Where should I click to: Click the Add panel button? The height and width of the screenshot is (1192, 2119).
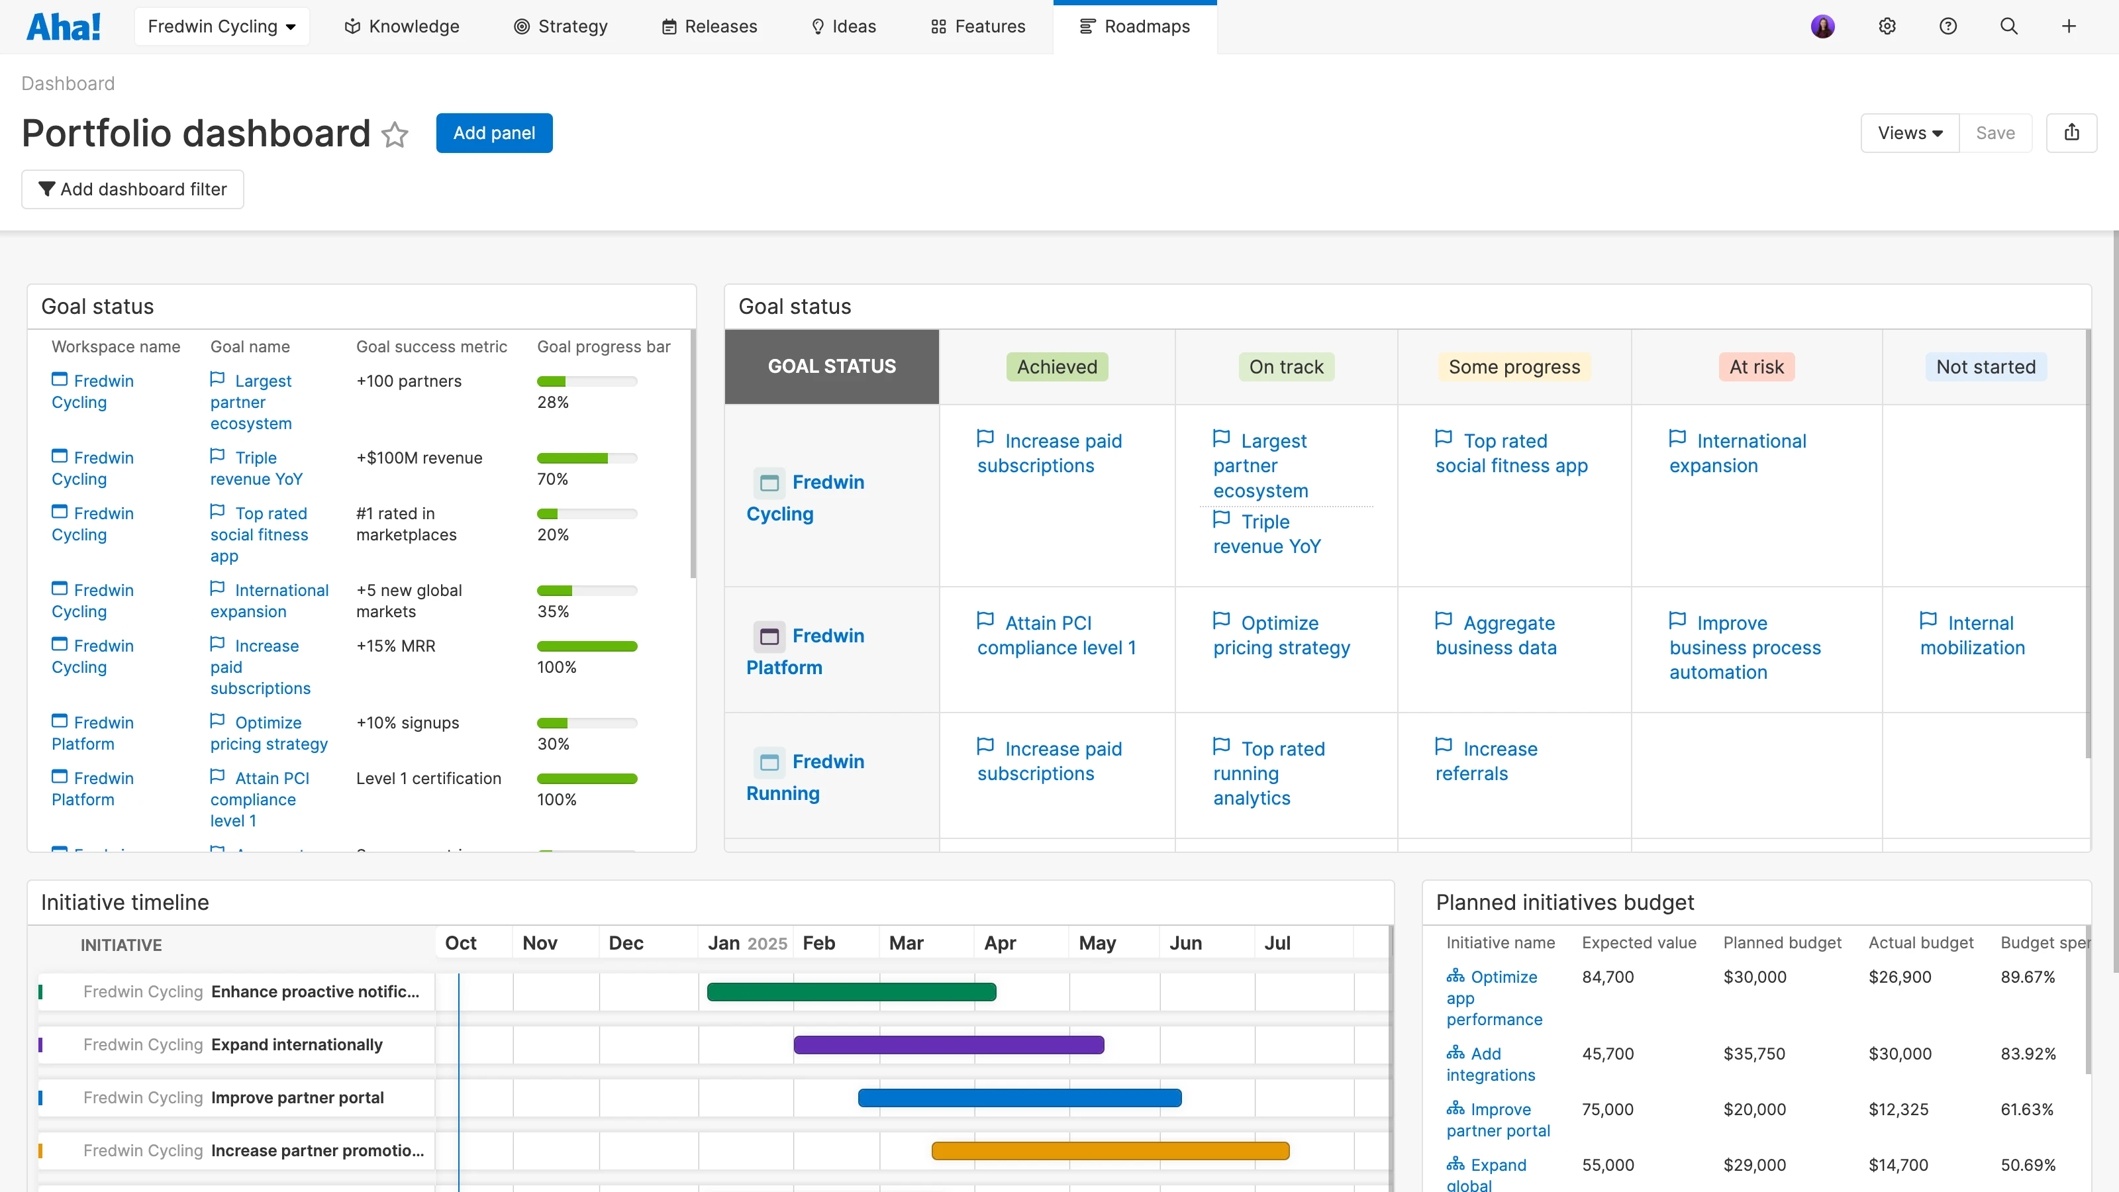click(x=493, y=133)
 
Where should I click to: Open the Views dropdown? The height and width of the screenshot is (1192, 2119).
click(x=1909, y=133)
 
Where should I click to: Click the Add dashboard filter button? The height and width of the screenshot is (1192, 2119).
click(x=132, y=189)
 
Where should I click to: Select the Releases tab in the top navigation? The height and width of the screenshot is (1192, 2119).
click(x=709, y=26)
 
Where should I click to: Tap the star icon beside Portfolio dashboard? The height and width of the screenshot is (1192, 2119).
click(x=395, y=134)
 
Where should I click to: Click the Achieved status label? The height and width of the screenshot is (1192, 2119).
click(x=1056, y=367)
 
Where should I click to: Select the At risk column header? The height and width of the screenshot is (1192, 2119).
click(x=1755, y=367)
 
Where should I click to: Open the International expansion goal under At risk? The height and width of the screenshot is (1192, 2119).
click(x=1738, y=453)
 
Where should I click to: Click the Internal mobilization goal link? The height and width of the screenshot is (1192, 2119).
click(x=1972, y=635)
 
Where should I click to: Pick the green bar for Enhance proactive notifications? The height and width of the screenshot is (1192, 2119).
click(x=852, y=992)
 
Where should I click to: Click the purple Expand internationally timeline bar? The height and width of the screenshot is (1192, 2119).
click(x=948, y=1045)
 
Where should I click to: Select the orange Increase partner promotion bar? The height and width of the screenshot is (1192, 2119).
click(x=1110, y=1151)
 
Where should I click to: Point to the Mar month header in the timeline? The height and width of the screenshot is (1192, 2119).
click(x=906, y=944)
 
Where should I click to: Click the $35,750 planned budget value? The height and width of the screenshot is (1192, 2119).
click(x=1753, y=1054)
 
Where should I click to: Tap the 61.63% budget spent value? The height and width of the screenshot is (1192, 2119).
click(x=2027, y=1110)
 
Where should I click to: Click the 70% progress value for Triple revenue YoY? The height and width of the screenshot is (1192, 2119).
click(x=553, y=479)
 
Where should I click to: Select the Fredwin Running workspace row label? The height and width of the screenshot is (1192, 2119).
click(x=805, y=777)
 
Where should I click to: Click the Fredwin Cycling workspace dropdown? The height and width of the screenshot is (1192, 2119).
click(x=221, y=26)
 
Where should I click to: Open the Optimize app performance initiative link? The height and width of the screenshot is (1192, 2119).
click(x=1494, y=998)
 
